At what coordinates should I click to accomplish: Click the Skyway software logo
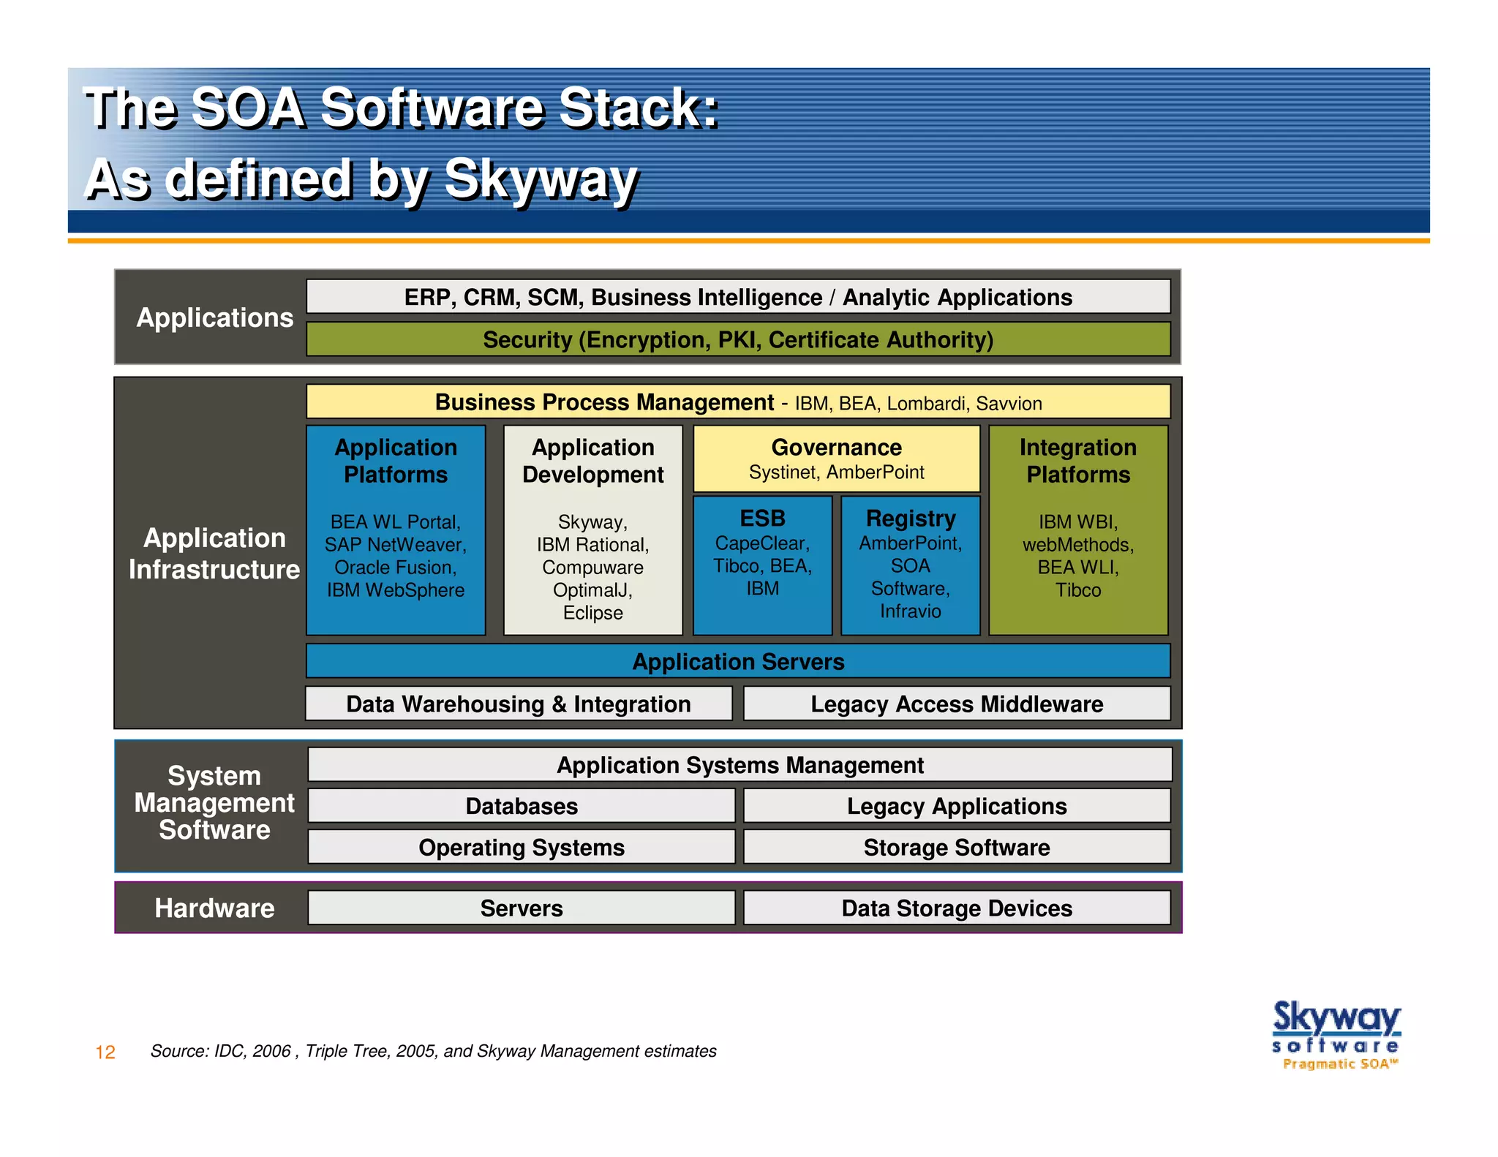[x=1336, y=1034]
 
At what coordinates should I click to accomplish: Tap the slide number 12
[x=105, y=1052]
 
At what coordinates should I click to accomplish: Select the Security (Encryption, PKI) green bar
[x=737, y=340]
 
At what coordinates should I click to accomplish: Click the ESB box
[x=762, y=565]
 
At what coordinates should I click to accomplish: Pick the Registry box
[x=910, y=565]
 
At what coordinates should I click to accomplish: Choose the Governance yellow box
[x=836, y=459]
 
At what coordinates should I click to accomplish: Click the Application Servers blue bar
[x=737, y=661]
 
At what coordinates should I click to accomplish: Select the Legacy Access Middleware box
[x=956, y=704]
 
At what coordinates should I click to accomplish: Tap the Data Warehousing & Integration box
[x=519, y=704]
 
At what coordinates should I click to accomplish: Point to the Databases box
[x=522, y=806]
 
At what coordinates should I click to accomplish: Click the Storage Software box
[x=956, y=847]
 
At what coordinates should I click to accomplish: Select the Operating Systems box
[x=522, y=847]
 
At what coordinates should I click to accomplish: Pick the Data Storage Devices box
[x=956, y=908]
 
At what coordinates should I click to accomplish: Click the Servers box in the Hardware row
[x=522, y=908]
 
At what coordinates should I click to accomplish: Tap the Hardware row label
[x=214, y=908]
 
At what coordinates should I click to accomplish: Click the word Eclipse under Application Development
[x=592, y=613]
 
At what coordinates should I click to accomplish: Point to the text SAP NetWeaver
[x=395, y=545]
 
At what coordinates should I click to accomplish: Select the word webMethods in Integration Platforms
[x=1077, y=545]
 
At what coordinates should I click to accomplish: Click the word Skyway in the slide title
[x=541, y=179]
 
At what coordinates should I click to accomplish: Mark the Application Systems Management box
[x=739, y=765]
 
